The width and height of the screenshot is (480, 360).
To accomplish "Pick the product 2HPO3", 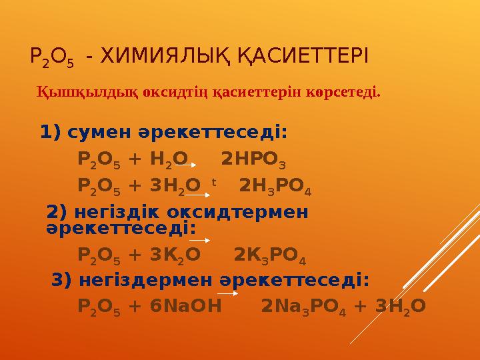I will [x=255, y=160].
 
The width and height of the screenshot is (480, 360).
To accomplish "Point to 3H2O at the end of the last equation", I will [x=401, y=306].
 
